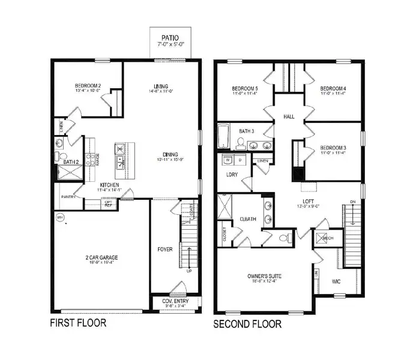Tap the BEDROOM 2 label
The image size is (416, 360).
coord(88,86)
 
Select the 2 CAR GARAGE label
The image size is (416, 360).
coord(101,258)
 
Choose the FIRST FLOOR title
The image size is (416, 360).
coord(78,323)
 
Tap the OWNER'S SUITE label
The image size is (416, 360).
coord(265,277)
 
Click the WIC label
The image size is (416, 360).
coord(336,281)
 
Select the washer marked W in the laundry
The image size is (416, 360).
coord(228,161)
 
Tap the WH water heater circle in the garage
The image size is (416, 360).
coord(59,217)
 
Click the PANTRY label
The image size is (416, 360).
coord(68,196)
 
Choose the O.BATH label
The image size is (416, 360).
coord(249,220)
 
